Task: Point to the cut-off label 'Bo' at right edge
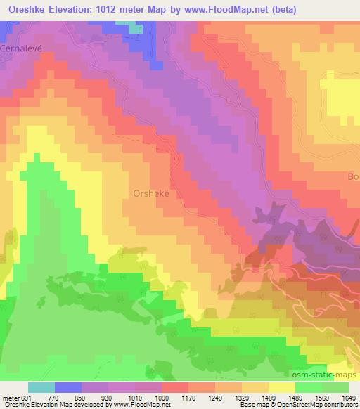(x=352, y=176)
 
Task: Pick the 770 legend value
(x=68, y=397)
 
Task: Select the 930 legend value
(x=122, y=397)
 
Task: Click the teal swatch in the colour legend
(x=41, y=387)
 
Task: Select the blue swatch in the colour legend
(x=68, y=387)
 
